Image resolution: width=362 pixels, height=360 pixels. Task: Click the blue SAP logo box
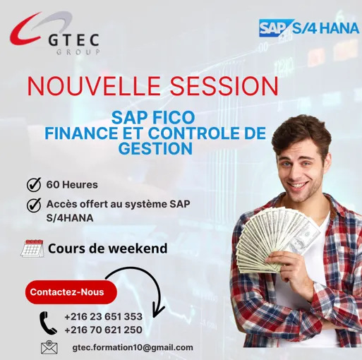point(276,28)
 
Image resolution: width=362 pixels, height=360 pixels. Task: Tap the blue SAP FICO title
point(152,117)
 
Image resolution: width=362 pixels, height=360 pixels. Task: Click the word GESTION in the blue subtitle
point(155,148)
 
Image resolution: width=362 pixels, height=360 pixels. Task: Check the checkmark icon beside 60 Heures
point(33,185)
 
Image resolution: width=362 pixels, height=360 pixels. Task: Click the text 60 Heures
point(72,185)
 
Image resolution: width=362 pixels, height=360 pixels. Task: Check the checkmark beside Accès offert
point(33,205)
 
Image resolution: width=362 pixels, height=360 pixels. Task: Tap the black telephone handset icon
point(48,323)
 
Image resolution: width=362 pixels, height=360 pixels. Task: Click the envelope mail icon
point(49,347)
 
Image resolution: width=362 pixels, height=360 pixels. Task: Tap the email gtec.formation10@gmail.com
point(133,347)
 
